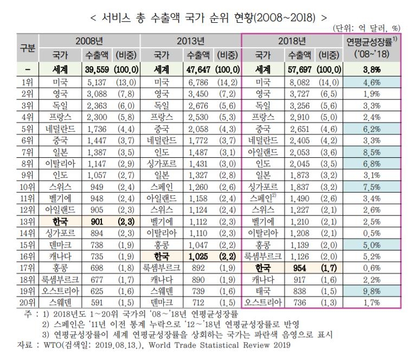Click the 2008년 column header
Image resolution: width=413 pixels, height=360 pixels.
coord(89,41)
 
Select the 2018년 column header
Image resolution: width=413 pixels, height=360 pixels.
coord(292,41)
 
